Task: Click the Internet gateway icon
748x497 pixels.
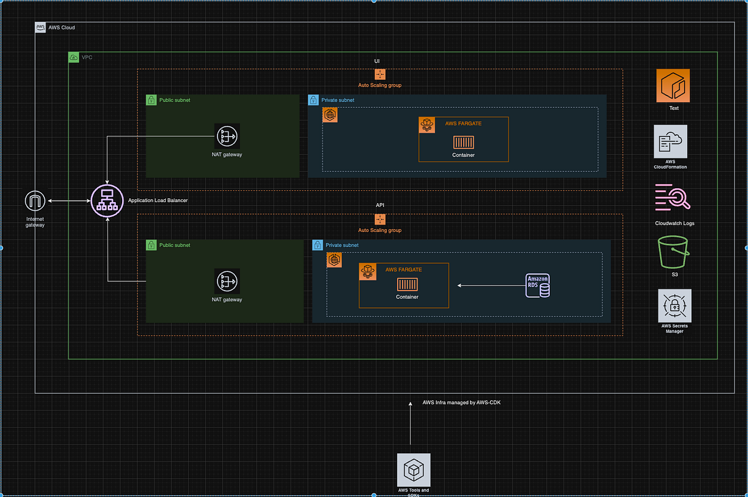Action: pyautogui.click(x=36, y=201)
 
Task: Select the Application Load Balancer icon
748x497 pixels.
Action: pyautogui.click(x=107, y=201)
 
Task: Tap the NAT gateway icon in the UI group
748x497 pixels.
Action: pyautogui.click(x=228, y=137)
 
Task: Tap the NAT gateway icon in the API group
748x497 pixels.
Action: pyautogui.click(x=228, y=281)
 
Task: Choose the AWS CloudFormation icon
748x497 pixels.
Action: pyautogui.click(x=671, y=142)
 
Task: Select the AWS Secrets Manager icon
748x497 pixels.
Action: pyautogui.click(x=674, y=306)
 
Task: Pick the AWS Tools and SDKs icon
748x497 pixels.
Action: pyautogui.click(x=413, y=470)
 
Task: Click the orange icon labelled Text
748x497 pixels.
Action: pyautogui.click(x=673, y=86)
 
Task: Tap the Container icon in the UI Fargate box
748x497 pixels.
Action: pyautogui.click(x=463, y=142)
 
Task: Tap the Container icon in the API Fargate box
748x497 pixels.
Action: pyautogui.click(x=407, y=285)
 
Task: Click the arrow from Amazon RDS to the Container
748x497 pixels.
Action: pyautogui.click(x=489, y=286)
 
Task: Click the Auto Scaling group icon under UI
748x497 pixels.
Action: pyautogui.click(x=380, y=74)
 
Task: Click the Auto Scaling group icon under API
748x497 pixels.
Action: pyautogui.click(x=380, y=220)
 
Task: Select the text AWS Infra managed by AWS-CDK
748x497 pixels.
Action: pyautogui.click(x=461, y=402)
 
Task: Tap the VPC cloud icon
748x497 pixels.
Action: pyautogui.click(x=74, y=57)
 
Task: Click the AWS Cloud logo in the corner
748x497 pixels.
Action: pyautogui.click(x=41, y=27)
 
